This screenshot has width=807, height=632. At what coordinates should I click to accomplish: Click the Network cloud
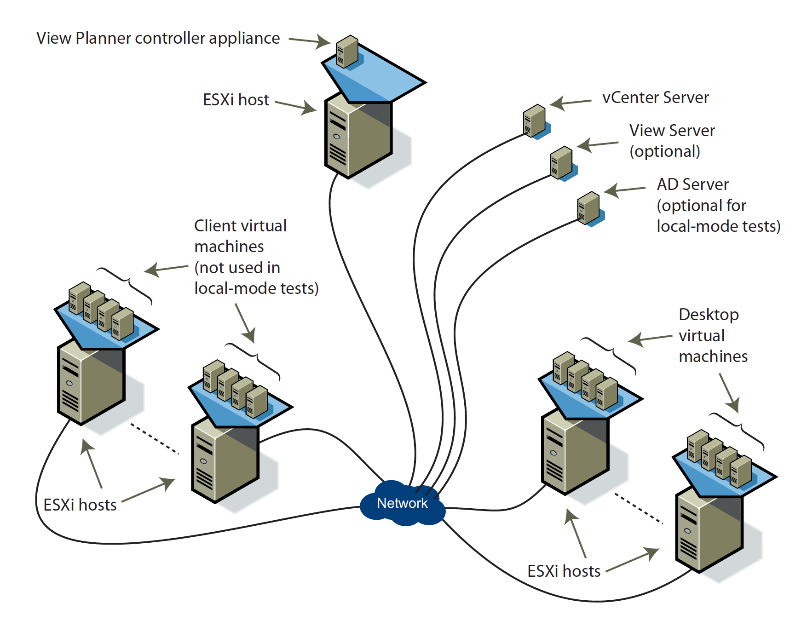(402, 503)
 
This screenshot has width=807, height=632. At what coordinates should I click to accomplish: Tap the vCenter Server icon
(534, 121)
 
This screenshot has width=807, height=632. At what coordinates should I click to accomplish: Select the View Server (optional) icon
(561, 162)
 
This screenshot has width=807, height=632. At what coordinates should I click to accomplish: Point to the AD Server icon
(588, 208)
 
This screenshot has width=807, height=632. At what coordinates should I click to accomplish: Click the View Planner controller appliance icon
(347, 52)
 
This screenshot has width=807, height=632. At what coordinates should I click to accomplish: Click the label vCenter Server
(655, 98)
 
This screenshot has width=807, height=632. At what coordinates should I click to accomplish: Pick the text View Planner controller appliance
(158, 38)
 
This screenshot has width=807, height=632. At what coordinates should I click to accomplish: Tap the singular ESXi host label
(236, 100)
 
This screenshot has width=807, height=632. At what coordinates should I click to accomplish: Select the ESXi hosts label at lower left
(80, 505)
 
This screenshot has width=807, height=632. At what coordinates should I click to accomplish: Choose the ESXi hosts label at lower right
(564, 571)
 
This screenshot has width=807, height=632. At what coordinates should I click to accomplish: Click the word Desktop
(709, 315)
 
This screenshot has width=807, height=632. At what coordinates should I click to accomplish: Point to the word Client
(216, 226)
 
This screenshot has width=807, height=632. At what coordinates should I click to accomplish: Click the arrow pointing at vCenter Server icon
(571, 102)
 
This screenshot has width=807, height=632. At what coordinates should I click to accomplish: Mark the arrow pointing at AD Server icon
(624, 190)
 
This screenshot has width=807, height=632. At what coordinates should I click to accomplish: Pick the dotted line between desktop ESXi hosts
(639, 509)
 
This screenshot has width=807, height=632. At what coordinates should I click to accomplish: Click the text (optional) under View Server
(664, 151)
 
